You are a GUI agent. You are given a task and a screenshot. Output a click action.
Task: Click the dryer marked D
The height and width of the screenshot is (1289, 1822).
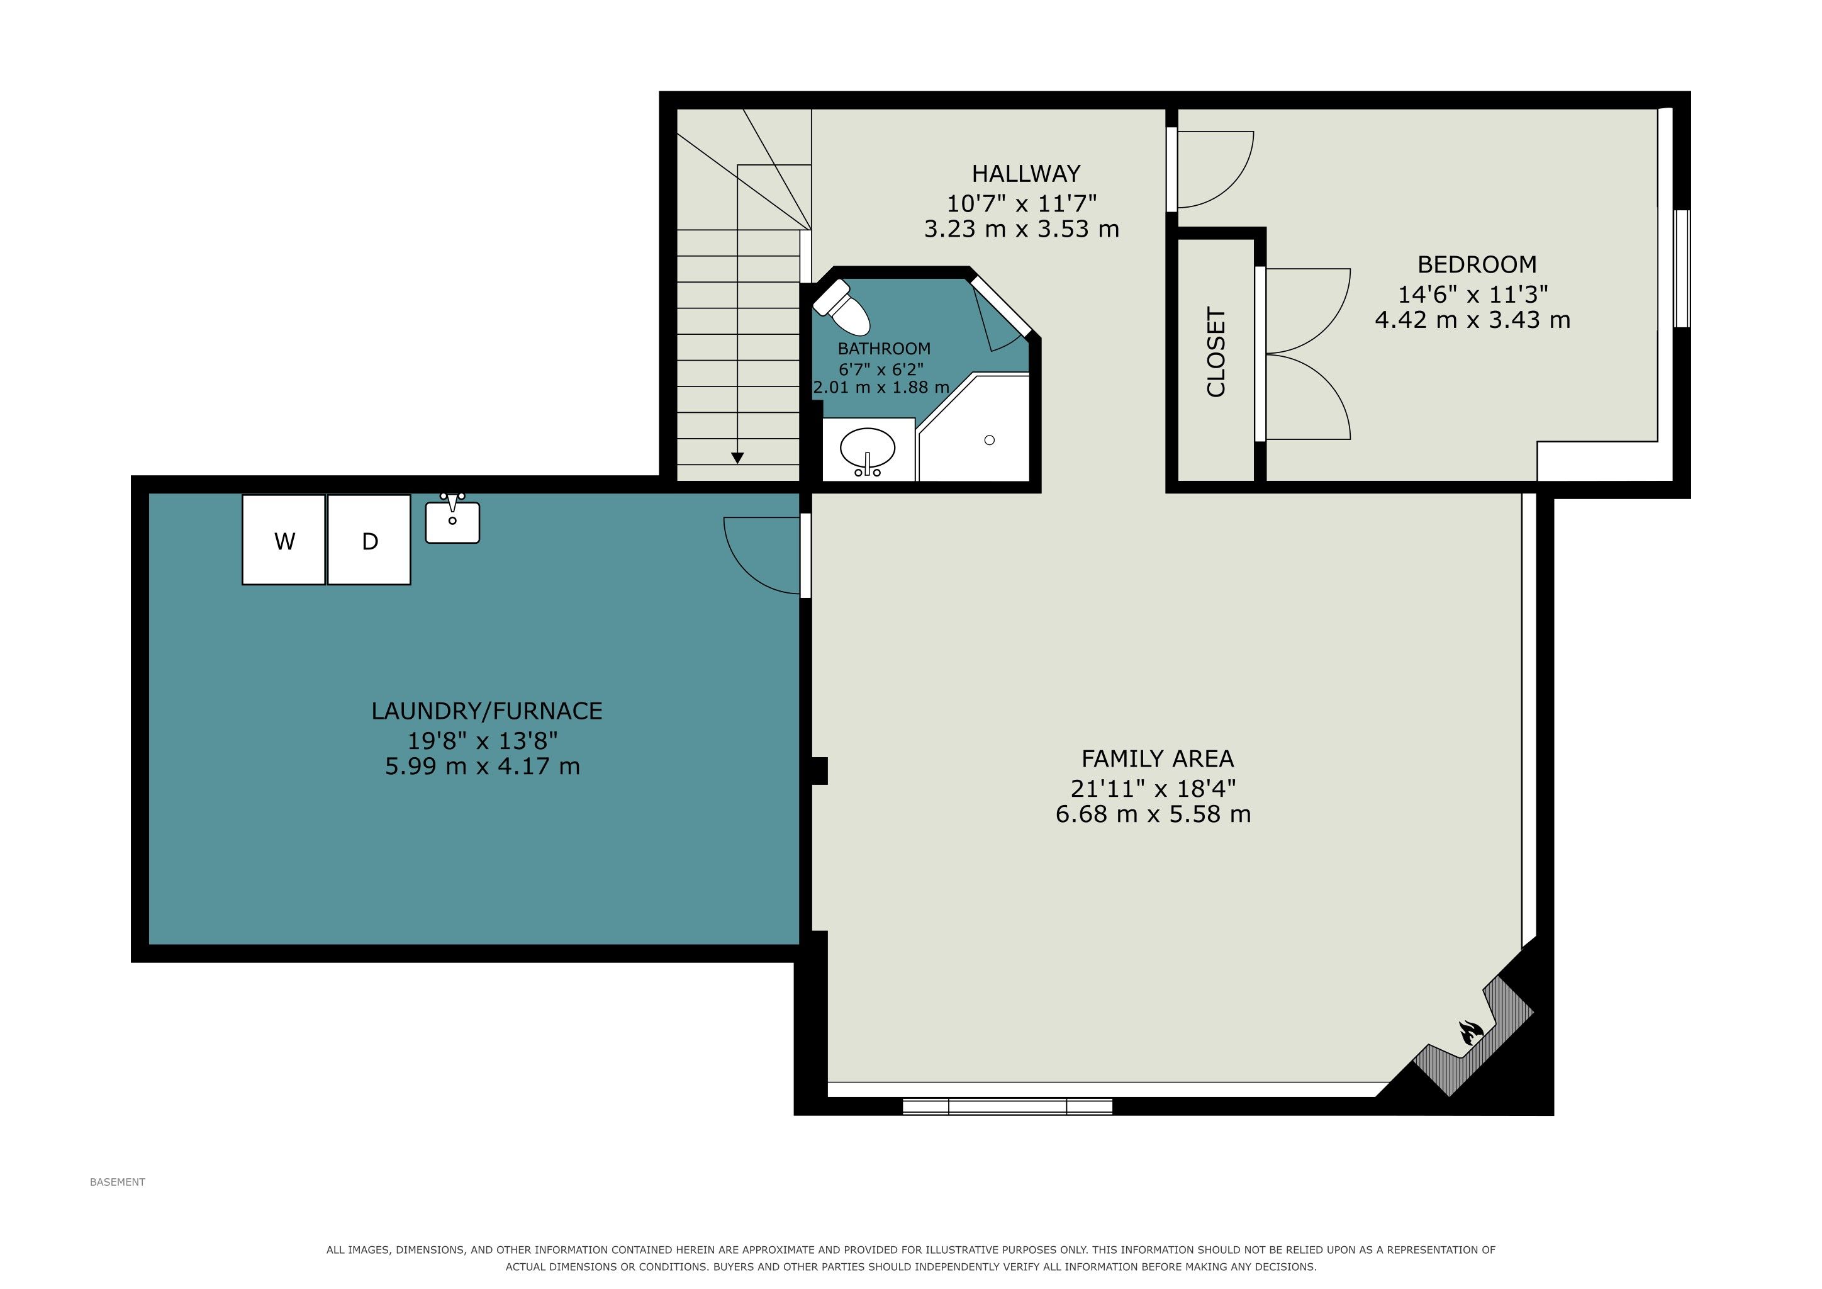(369, 540)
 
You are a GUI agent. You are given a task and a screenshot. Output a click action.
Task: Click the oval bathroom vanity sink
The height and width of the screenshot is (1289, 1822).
(868, 451)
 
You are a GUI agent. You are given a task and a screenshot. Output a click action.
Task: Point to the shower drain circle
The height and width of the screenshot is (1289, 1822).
(990, 440)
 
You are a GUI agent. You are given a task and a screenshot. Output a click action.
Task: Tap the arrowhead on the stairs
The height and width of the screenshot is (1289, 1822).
(737, 458)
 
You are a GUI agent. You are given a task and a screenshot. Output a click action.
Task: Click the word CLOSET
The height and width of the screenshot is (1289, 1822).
(1216, 352)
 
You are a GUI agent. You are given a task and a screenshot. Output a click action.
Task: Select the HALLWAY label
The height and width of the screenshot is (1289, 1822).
(1026, 173)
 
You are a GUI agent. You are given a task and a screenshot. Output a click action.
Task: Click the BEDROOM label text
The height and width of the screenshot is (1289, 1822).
(1477, 264)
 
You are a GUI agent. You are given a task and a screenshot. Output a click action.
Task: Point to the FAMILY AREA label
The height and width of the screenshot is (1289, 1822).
(1157, 759)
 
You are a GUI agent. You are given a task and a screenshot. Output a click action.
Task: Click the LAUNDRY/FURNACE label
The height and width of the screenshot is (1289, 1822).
(486, 711)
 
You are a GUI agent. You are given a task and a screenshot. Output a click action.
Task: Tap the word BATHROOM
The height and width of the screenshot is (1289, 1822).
(884, 349)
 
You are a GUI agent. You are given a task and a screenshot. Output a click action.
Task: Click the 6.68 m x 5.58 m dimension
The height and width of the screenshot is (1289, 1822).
(1153, 814)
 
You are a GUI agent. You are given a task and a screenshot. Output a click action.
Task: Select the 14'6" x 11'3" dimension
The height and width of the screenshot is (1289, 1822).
(1473, 295)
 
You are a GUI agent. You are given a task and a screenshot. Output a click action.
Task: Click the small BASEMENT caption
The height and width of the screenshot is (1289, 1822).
(118, 1182)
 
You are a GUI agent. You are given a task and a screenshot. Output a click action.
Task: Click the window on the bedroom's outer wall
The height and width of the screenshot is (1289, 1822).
(1682, 268)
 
